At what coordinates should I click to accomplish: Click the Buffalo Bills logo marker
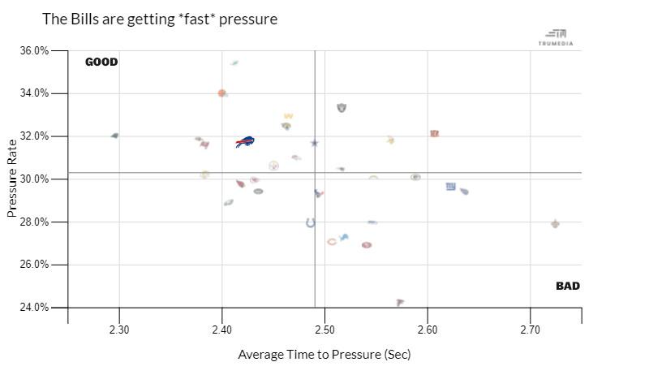point(245,142)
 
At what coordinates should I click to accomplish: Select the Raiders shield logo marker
point(342,108)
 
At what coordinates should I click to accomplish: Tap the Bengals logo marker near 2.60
point(434,133)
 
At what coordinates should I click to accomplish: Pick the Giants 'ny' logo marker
point(450,187)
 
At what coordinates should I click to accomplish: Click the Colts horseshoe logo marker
point(310,222)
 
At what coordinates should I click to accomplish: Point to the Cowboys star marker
point(315,143)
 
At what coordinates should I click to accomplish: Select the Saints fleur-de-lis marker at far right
point(555,223)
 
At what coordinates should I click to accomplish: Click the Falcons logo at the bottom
point(400,302)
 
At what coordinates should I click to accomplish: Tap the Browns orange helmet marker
point(221,93)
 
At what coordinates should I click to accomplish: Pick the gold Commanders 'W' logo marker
point(288,116)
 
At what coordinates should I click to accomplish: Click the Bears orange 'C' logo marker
point(331,242)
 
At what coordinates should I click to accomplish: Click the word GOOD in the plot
point(101,62)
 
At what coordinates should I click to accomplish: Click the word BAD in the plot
point(568,286)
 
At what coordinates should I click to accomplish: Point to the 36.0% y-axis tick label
point(33,50)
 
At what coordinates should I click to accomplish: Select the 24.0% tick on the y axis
point(33,308)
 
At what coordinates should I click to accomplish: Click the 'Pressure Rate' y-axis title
point(12,179)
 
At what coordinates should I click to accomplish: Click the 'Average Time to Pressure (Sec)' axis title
point(324,355)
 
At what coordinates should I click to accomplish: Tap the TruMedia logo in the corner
point(556,37)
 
